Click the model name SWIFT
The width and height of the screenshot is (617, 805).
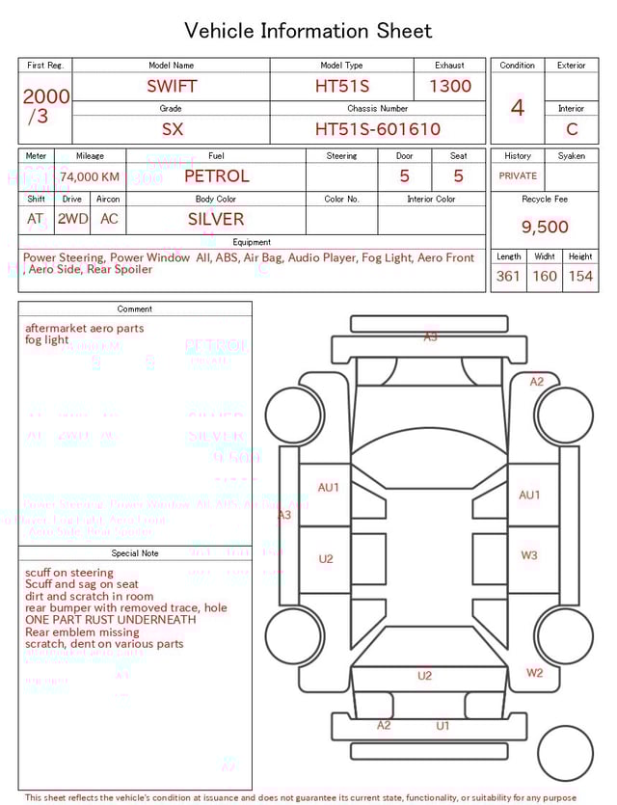172,86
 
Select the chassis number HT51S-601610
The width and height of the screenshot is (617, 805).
377,129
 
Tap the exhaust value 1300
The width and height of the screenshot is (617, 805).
450,86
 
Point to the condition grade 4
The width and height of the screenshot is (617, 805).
517,108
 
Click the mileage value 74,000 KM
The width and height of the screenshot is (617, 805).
90,176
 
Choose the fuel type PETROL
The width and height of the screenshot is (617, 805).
216,176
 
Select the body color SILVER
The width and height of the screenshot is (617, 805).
216,219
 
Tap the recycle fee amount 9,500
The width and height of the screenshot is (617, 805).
545,227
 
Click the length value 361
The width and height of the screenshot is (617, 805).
508,276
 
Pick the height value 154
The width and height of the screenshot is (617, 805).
579,276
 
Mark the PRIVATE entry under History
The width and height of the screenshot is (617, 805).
518,176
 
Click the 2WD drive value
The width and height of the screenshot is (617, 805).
72,219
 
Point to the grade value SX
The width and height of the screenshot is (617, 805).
172,129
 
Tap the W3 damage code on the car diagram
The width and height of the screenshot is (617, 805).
529,555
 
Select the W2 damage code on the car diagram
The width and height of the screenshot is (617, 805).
534,673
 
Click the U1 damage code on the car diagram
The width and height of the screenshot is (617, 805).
443,726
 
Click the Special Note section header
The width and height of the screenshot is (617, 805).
135,553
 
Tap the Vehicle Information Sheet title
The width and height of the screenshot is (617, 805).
308,31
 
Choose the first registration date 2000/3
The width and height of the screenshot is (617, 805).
45,106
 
